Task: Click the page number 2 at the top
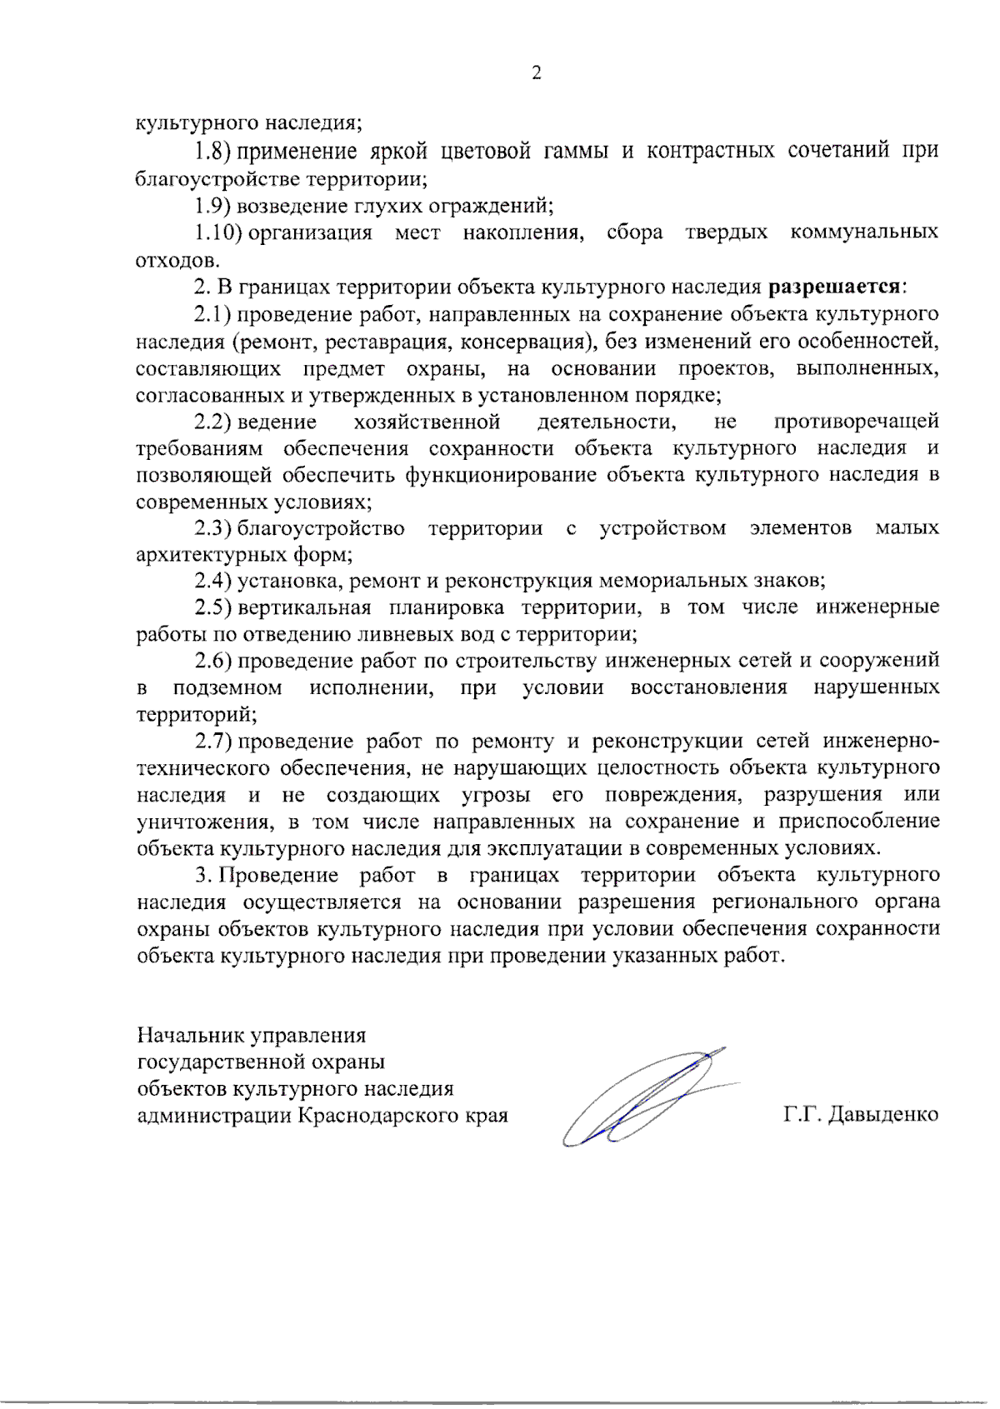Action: tap(536, 73)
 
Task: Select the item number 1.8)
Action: tap(212, 151)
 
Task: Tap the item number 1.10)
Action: tap(218, 232)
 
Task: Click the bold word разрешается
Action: tap(834, 287)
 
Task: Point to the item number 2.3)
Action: tap(213, 528)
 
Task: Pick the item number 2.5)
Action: tap(213, 607)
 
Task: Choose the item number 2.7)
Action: tap(213, 741)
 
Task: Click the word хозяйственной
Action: tap(427, 422)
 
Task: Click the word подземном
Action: tap(227, 688)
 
